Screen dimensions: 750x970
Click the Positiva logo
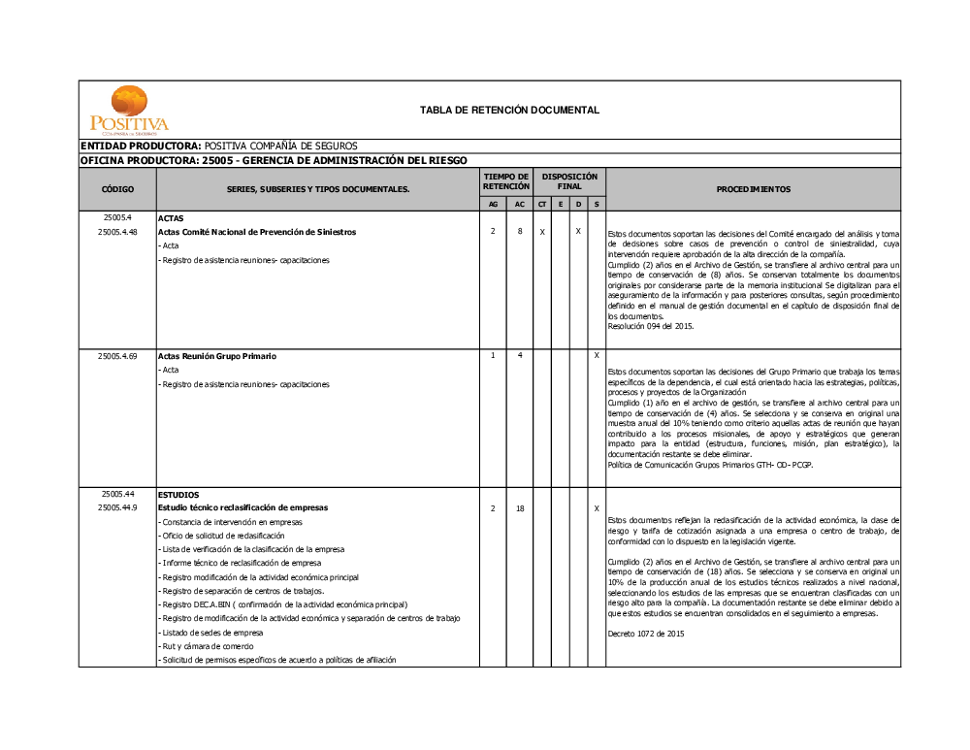(129, 109)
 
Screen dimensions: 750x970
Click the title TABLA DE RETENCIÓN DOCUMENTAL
(509, 111)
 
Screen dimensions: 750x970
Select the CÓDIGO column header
(117, 189)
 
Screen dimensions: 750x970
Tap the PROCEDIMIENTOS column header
(753, 189)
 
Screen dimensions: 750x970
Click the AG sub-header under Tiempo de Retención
(493, 205)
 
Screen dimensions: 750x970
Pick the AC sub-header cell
(520, 205)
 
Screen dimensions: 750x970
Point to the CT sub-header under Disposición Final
(542, 205)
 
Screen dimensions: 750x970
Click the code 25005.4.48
(117, 233)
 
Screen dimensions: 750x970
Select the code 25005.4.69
(117, 357)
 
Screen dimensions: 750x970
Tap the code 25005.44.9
(117, 507)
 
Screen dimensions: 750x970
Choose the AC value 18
(520, 508)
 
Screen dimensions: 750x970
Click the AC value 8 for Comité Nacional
(520, 232)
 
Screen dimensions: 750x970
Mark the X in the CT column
(542, 233)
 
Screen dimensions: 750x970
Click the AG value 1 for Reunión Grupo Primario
(493, 356)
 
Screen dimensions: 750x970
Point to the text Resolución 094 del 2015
(651, 326)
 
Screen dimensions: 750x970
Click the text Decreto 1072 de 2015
(646, 633)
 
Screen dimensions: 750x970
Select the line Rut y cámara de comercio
(208, 646)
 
